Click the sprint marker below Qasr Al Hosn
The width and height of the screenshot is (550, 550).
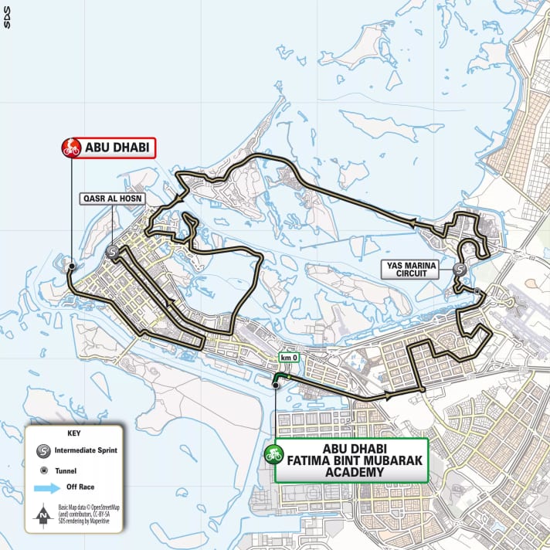(x=113, y=252)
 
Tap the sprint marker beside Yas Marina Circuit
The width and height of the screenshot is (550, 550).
(x=460, y=270)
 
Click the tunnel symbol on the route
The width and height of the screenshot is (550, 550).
(x=478, y=291)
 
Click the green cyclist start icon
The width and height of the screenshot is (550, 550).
(x=272, y=454)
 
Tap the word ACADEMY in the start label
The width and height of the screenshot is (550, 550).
(x=351, y=472)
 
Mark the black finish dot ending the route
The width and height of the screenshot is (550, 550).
(x=71, y=266)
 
